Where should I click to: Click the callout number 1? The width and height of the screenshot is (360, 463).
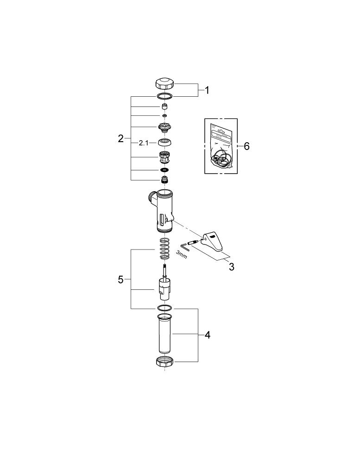[207, 90]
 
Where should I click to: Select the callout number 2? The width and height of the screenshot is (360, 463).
[121, 138]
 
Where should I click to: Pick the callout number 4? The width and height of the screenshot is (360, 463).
[208, 335]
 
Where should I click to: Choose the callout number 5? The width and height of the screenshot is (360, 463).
[121, 279]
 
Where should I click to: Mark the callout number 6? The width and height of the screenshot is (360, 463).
[246, 146]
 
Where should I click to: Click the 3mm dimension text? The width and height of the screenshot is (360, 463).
[181, 255]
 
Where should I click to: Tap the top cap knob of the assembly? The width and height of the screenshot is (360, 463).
[164, 84]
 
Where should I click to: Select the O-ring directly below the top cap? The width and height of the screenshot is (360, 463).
[164, 96]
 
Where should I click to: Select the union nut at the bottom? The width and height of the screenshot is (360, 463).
[164, 362]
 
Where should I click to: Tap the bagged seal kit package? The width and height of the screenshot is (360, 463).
[221, 146]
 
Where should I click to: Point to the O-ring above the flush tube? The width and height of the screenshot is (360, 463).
[164, 308]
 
